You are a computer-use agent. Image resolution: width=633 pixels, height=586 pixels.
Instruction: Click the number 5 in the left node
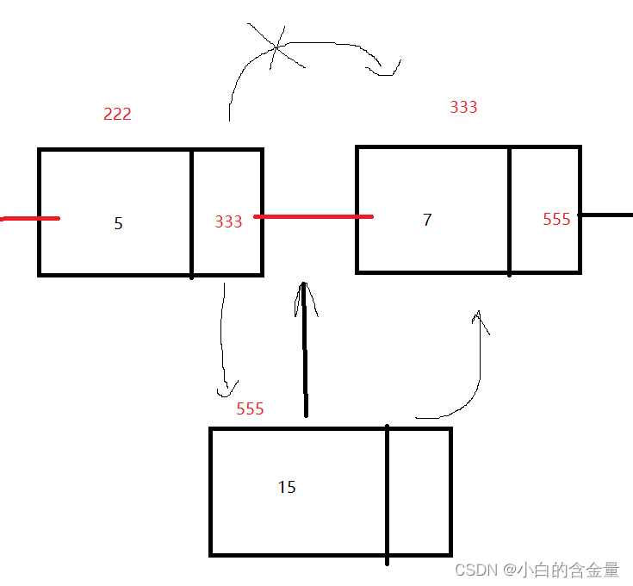[x=118, y=223]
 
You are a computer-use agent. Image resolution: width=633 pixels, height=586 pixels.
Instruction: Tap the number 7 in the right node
[x=427, y=220]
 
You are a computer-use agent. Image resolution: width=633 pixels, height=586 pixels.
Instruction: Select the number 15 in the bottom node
[x=287, y=487]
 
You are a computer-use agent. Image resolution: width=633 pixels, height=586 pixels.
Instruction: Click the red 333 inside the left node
[x=228, y=221]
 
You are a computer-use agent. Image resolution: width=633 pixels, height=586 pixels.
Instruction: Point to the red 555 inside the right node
[x=556, y=220]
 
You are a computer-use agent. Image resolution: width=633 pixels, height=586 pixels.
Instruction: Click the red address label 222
[x=117, y=114]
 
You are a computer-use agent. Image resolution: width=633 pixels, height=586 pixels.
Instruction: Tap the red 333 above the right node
[x=463, y=107]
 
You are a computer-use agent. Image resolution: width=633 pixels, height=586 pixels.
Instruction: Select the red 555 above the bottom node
[x=250, y=408]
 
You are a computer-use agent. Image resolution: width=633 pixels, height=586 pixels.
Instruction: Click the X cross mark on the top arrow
[x=276, y=47]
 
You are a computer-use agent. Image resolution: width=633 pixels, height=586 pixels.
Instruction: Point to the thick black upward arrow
[x=304, y=353]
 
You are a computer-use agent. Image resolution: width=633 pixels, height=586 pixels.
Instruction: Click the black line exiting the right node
[x=606, y=214]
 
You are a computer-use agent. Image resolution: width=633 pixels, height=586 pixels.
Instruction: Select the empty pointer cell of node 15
[x=419, y=491]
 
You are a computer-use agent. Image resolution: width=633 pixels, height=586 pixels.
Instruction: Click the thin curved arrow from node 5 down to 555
[x=222, y=336]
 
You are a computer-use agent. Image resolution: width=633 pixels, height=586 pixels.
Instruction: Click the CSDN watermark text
[x=537, y=570]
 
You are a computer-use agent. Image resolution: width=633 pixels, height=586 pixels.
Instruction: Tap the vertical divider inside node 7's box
[x=509, y=210]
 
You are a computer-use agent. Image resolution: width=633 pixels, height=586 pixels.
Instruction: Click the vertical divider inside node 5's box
[x=191, y=213]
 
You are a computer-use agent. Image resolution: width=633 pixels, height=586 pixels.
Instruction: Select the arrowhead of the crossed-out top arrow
[x=389, y=68]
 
